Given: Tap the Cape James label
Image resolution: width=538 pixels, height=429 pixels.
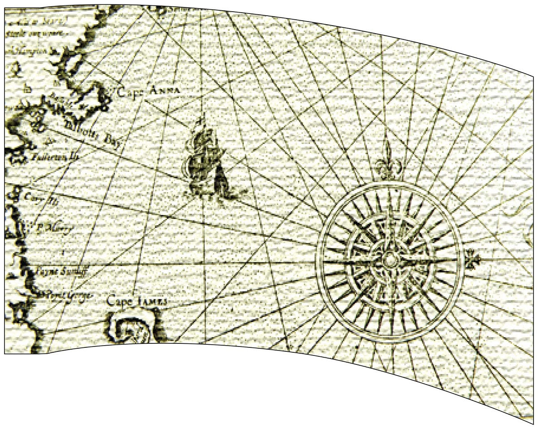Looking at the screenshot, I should pos(137,301).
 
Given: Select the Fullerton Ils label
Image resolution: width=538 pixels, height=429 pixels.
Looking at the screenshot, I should pos(56,158).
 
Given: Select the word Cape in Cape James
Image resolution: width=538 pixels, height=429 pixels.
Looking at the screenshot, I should pos(120,301).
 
